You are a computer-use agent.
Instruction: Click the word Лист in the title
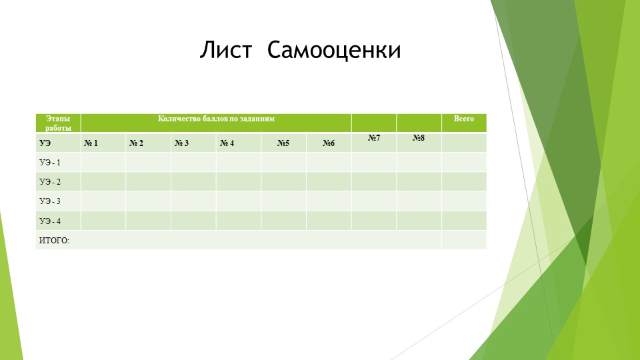(226, 50)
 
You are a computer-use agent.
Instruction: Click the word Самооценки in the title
(334, 50)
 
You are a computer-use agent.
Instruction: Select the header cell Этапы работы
(58, 123)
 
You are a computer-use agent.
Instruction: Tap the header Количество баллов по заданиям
(216, 119)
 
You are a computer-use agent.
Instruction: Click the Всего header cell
(464, 119)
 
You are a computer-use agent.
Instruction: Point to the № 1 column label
(91, 143)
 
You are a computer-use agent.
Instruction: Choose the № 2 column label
(137, 143)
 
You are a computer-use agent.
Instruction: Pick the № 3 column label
(181, 143)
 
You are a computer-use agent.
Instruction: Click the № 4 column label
(227, 143)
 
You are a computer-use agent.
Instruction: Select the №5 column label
(283, 143)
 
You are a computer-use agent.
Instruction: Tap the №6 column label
(328, 143)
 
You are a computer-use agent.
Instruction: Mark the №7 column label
(374, 138)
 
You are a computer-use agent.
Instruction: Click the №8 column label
(419, 138)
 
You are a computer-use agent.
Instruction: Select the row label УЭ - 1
(50, 163)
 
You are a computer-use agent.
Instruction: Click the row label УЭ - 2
(50, 182)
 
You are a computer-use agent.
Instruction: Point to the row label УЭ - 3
(50, 201)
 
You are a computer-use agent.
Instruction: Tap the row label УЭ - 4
(50, 221)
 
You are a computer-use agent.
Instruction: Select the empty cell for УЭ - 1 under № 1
(103, 163)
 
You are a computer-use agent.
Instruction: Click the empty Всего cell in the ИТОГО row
(464, 240)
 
